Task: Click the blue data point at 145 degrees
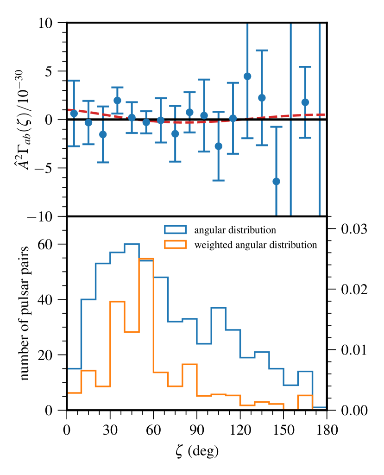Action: click(276, 181)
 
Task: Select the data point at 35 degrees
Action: click(117, 100)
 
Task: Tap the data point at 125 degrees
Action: click(247, 76)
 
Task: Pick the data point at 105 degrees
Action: click(219, 146)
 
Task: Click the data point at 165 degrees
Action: click(305, 102)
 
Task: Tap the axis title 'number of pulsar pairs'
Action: click(25, 313)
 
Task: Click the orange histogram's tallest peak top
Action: click(146, 259)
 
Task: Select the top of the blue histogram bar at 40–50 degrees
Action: click(132, 244)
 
